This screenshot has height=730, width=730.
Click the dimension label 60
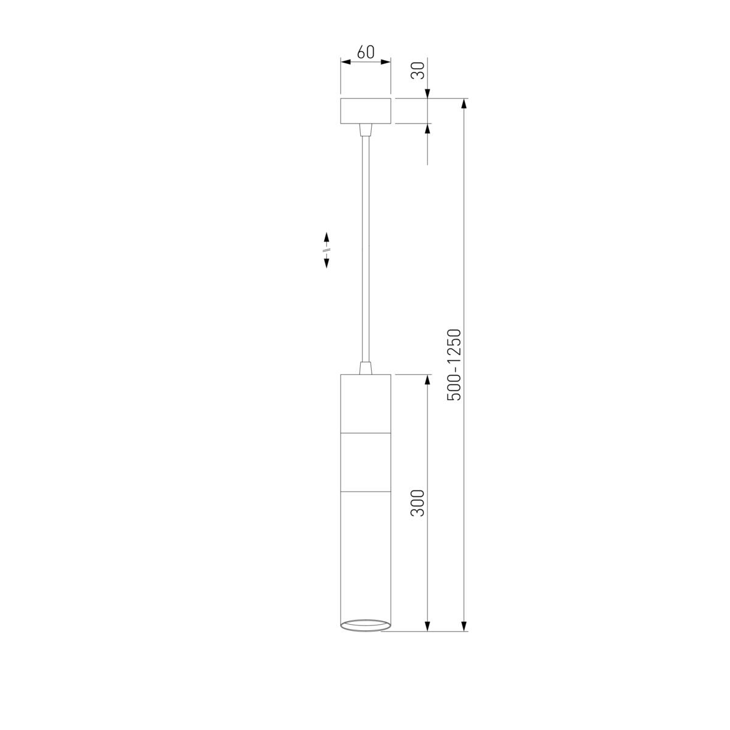tap(366, 52)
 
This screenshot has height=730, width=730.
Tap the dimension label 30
tap(418, 70)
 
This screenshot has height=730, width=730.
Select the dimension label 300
tap(418, 503)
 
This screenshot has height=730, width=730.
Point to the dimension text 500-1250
tap(454, 365)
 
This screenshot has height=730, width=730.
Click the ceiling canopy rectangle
tap(366, 111)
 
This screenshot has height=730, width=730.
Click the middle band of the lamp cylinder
tap(366, 462)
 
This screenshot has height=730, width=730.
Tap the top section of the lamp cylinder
tap(366, 404)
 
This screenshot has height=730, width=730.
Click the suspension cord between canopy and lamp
tap(366, 249)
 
